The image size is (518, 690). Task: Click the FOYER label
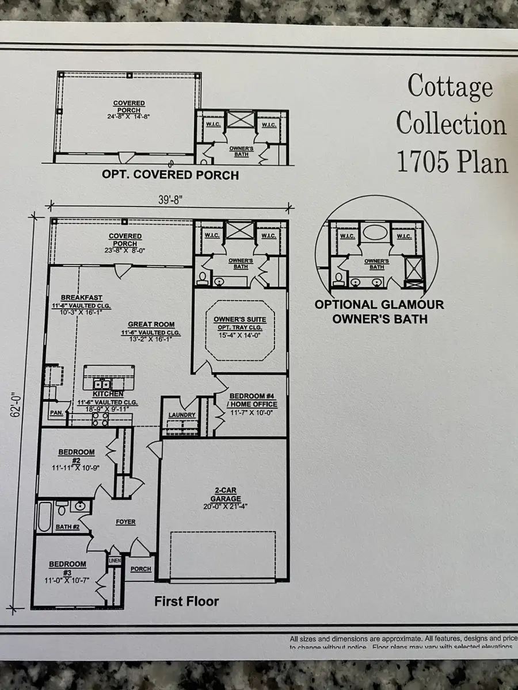point(125,522)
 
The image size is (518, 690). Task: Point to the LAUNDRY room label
point(182,415)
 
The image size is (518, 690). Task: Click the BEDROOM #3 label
point(67,568)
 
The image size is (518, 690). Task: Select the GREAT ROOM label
point(151,324)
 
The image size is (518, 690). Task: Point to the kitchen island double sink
point(102,385)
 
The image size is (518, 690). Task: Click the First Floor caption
point(186,601)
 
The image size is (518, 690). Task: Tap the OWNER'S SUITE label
point(236,319)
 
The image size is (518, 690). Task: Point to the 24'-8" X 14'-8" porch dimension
point(129,116)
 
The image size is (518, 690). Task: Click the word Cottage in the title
point(450,87)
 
